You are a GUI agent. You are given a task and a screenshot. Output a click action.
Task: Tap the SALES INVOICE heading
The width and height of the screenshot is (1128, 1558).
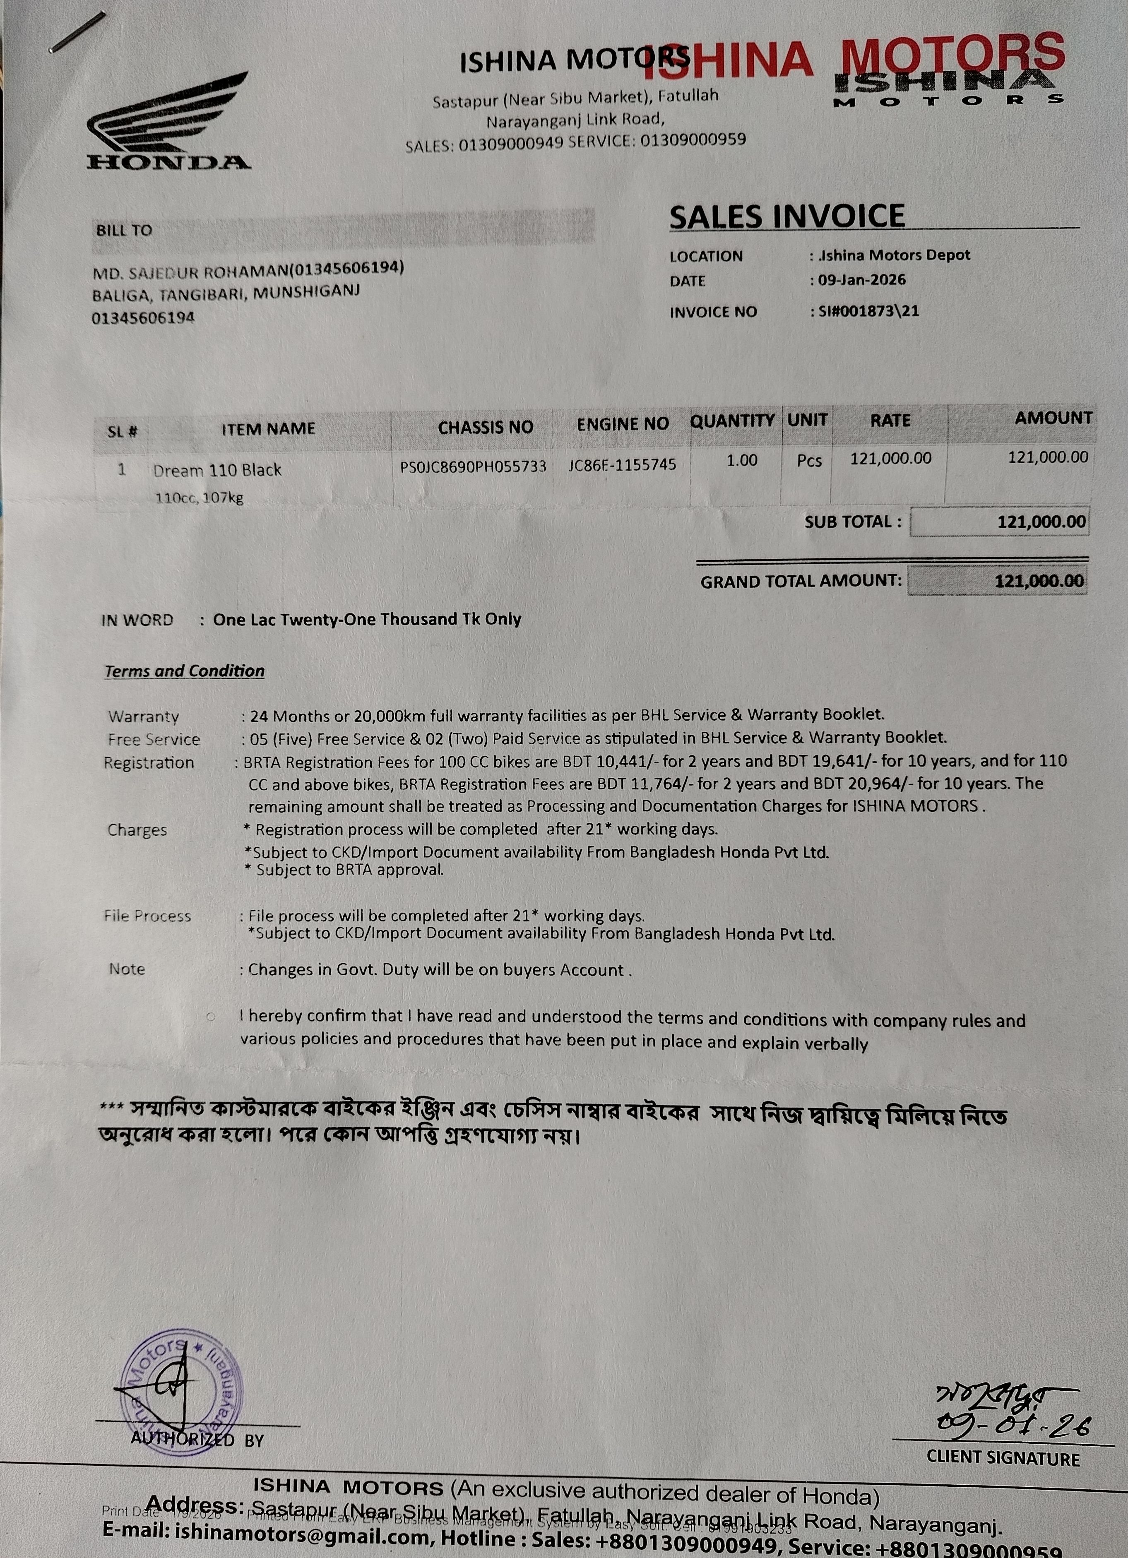click(786, 216)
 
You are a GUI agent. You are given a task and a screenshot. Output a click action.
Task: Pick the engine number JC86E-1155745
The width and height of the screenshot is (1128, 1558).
click(622, 465)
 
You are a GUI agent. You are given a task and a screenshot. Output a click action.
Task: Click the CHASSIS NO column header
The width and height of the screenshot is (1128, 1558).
click(485, 427)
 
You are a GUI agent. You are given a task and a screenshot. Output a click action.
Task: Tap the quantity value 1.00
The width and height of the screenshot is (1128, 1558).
click(742, 460)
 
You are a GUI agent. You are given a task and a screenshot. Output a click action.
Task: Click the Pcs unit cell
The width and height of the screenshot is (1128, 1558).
click(809, 461)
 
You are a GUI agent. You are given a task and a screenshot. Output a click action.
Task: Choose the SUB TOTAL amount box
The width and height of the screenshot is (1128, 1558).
click(1000, 522)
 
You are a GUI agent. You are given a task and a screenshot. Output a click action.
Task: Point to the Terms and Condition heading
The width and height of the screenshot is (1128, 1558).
click(184, 671)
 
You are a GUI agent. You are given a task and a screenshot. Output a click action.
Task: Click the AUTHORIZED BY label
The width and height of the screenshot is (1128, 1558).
click(197, 1440)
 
